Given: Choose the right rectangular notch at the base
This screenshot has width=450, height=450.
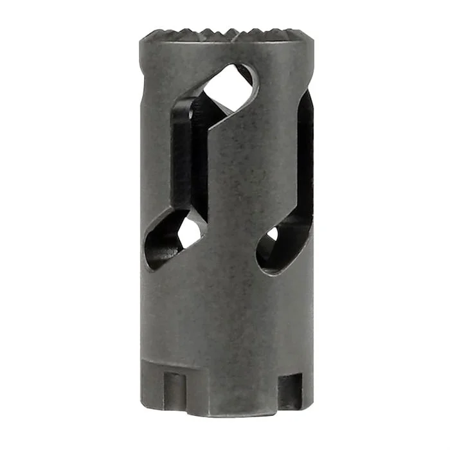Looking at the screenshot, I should pos(289,390).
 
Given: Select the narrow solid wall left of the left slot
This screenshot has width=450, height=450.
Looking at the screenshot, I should pos(154,161).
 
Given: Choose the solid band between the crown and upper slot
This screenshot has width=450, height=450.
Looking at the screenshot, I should pos(193,55).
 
